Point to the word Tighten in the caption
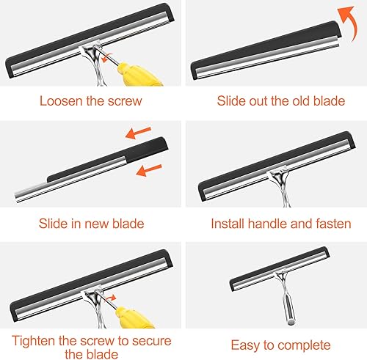(x=34, y=341)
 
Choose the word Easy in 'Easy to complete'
(x=246, y=346)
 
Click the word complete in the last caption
(x=304, y=346)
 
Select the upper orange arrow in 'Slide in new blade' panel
(x=138, y=132)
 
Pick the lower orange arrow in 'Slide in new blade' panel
(x=149, y=170)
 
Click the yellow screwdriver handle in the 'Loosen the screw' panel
(x=137, y=74)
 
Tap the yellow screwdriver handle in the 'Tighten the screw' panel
(x=134, y=317)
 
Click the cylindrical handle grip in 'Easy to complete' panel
(x=288, y=309)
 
